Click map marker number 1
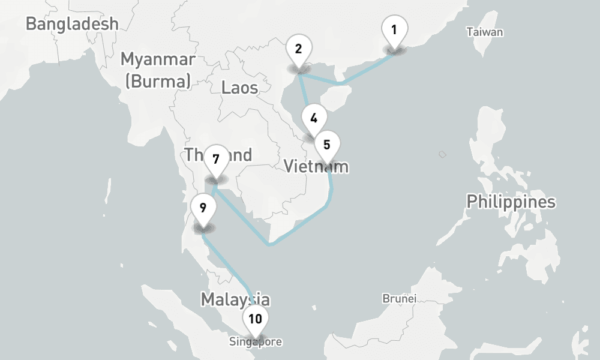(394, 31)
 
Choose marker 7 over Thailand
(216, 160)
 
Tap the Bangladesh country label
(72, 24)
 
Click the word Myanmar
(158, 59)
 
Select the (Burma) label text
(158, 80)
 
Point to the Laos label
(239, 88)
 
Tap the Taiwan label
(485, 32)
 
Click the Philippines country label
(511, 202)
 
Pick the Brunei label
(399, 298)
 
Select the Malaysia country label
(235, 299)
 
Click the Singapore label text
(255, 342)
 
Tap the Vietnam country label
(316, 166)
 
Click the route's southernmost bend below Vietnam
(271, 244)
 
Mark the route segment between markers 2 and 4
(305, 92)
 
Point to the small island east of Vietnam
(442, 154)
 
